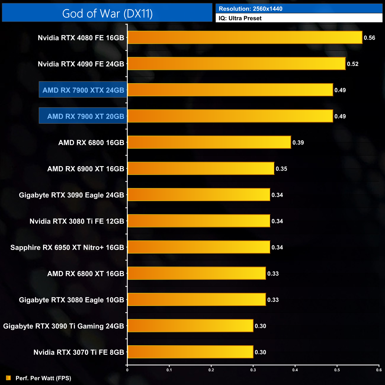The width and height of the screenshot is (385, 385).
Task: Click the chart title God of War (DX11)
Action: (x=107, y=14)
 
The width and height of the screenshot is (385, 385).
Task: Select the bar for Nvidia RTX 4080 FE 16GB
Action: (x=245, y=38)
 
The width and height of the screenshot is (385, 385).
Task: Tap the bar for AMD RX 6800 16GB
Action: (x=209, y=142)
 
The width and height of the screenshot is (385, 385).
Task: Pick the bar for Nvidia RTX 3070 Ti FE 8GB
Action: (x=190, y=352)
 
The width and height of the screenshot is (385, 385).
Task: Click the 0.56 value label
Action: (x=369, y=38)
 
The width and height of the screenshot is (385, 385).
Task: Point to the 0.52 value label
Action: (x=353, y=64)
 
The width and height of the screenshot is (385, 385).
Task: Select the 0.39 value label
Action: (x=298, y=143)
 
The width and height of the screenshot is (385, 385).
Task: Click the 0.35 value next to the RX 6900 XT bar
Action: (x=281, y=169)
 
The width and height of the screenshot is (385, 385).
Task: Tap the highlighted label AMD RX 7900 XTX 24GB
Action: (x=83, y=90)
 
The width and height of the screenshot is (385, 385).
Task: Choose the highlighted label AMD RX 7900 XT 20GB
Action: (x=86, y=116)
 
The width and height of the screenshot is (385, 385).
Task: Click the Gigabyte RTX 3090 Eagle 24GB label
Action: (x=71, y=195)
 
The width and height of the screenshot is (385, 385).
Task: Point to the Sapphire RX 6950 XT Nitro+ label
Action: (x=67, y=248)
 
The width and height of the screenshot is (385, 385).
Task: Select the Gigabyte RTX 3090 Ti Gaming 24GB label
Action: (x=63, y=326)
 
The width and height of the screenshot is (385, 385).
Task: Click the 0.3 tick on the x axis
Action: (x=253, y=370)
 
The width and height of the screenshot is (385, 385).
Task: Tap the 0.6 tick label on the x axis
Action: (x=379, y=370)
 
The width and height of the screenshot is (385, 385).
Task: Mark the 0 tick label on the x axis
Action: (x=127, y=370)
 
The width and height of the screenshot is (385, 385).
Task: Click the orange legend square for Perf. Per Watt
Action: (x=8, y=378)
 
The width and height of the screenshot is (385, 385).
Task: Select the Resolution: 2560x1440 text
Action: (x=251, y=9)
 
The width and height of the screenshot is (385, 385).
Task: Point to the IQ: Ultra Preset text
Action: (x=240, y=18)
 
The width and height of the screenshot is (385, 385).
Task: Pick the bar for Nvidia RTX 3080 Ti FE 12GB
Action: (x=199, y=221)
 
